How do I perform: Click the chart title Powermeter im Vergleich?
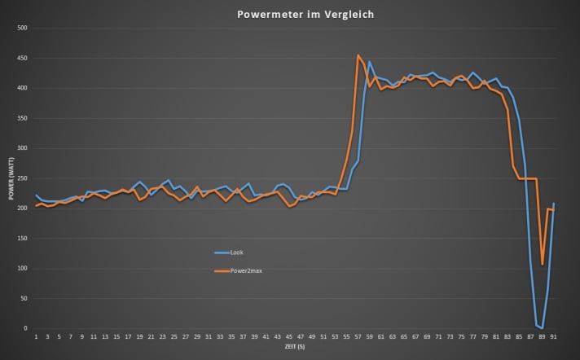point(289,14)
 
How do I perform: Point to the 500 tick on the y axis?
point(23,28)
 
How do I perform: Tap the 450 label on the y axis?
point(23,58)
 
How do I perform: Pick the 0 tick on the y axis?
point(26,328)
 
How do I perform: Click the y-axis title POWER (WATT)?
point(11,178)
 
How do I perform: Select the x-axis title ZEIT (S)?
point(295,347)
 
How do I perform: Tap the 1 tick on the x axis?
point(36,336)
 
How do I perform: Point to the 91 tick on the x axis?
point(554,336)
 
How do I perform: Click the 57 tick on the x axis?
point(358,336)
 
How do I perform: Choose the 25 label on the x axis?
point(174,336)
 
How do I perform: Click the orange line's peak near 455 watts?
point(358,55)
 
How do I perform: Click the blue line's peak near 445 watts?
point(370,61)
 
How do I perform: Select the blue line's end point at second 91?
point(554,204)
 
